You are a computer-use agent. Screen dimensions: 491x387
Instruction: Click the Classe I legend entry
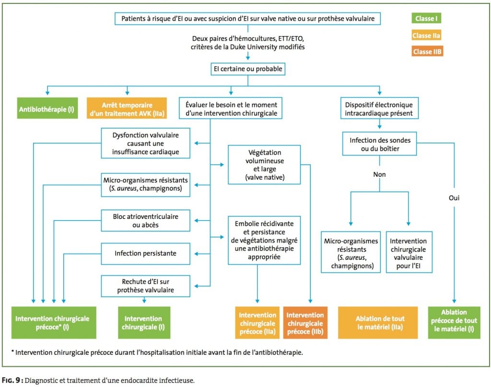(426, 18)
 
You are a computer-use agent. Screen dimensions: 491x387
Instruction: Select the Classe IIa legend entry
(426, 36)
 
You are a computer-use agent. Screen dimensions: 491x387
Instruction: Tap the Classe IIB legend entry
(427, 51)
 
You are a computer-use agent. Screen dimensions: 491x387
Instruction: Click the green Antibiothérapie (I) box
(47, 108)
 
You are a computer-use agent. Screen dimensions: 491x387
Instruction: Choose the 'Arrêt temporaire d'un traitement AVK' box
(127, 108)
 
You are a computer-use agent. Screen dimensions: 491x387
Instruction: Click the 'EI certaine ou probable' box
(248, 69)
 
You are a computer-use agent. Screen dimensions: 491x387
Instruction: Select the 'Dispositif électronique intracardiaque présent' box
(379, 108)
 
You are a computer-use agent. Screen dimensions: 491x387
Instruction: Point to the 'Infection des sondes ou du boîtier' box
(380, 144)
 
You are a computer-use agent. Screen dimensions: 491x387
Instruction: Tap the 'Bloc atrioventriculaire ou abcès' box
(146, 220)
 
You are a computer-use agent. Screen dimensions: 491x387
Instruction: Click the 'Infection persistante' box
(146, 254)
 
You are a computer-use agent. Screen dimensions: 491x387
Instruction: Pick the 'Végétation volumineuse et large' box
(264, 165)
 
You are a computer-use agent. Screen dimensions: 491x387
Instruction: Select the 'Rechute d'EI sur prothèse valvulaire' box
(146, 286)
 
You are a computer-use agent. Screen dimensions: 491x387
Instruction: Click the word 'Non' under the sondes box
(379, 174)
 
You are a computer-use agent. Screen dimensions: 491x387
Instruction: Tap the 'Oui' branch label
(454, 198)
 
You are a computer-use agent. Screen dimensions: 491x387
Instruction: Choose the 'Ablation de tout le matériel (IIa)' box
(378, 323)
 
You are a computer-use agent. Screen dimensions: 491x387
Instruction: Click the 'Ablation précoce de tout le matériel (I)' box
(454, 323)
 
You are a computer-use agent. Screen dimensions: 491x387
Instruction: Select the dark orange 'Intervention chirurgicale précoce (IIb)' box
(305, 323)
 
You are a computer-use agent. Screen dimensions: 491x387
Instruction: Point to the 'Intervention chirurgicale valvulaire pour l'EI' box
(409, 252)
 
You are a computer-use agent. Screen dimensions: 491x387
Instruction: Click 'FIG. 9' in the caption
(12, 380)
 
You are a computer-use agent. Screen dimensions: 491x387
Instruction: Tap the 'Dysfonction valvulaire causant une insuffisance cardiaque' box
(146, 143)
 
